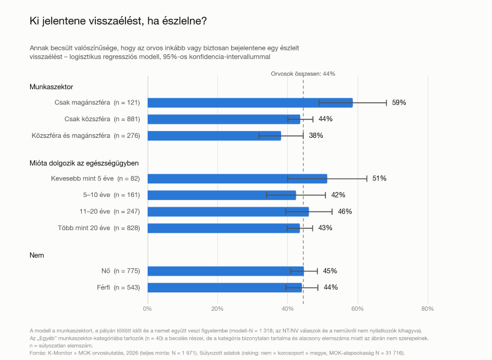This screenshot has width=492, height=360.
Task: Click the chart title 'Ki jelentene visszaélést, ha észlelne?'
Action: click(x=118, y=21)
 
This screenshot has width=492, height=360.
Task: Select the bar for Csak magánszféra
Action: click(x=250, y=103)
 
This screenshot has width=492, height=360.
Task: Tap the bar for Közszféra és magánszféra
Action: click(x=214, y=135)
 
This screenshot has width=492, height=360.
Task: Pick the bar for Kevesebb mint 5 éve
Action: click(x=237, y=178)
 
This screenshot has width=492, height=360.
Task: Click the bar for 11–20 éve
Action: click(x=228, y=212)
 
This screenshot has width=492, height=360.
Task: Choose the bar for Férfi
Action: click(x=224, y=287)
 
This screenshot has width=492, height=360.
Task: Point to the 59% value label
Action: click(x=399, y=103)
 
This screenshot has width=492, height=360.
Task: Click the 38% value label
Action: click(x=316, y=135)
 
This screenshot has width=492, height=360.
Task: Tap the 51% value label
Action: click(x=379, y=178)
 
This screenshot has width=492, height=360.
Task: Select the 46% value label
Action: click(x=345, y=212)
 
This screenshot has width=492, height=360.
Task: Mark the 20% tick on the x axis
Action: click(x=217, y=309)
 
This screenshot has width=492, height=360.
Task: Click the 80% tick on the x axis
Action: click(x=427, y=309)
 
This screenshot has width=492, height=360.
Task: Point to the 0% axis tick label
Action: click(x=147, y=309)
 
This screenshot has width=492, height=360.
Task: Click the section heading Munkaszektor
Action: click(x=51, y=87)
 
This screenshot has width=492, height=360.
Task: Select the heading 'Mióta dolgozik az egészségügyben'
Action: click(x=84, y=163)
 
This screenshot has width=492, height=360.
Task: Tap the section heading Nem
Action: click(x=37, y=255)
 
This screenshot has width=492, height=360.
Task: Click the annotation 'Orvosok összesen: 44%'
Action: click(x=303, y=74)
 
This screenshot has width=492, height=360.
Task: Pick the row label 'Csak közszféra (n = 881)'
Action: click(x=102, y=119)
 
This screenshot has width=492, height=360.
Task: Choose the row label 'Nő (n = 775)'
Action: click(x=121, y=271)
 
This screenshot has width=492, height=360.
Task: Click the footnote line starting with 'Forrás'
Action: click(x=217, y=353)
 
